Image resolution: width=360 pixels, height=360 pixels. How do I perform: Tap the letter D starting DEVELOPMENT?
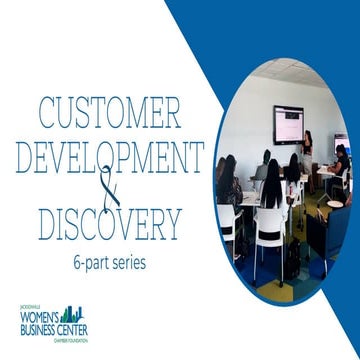(19, 158)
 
